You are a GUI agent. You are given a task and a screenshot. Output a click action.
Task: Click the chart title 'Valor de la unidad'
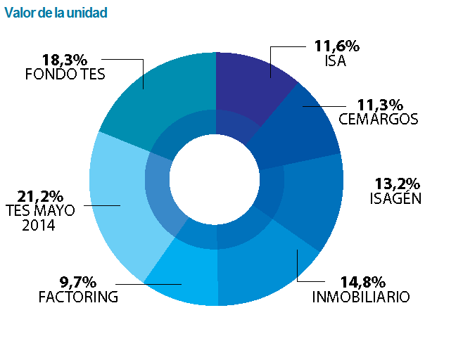pyautogui.click(x=56, y=13)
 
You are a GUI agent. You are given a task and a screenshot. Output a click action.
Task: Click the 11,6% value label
pyautogui.click(x=337, y=46)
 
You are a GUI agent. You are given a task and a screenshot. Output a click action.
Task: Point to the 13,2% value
pyautogui.click(x=395, y=184)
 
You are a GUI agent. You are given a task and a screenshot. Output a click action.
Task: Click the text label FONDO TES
pyautogui.click(x=65, y=74)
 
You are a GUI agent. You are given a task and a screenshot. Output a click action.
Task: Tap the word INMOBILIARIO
pyautogui.click(x=360, y=297)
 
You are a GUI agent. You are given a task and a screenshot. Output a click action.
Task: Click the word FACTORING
pyautogui.click(x=78, y=297)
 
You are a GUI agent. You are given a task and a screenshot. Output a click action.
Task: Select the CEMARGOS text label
pyautogui.click(x=379, y=119)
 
